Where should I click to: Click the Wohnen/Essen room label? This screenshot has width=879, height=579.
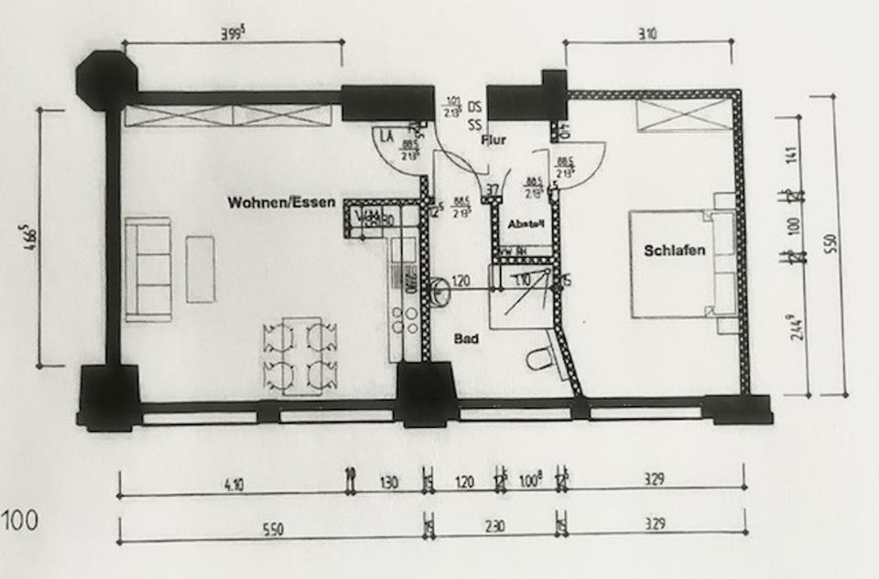pos(282,203)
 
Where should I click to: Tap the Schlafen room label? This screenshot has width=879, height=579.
pos(675,251)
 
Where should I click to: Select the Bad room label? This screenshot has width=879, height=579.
pos(467,339)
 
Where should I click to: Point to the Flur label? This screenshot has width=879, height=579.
pos(494,140)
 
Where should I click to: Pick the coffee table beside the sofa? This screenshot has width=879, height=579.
pos(200,269)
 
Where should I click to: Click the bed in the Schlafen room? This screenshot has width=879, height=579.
pos(682,263)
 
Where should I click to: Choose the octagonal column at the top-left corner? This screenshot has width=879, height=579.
pos(105,79)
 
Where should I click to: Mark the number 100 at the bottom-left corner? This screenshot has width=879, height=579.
pos(18,522)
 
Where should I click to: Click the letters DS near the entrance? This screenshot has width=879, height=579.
pos(474,105)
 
